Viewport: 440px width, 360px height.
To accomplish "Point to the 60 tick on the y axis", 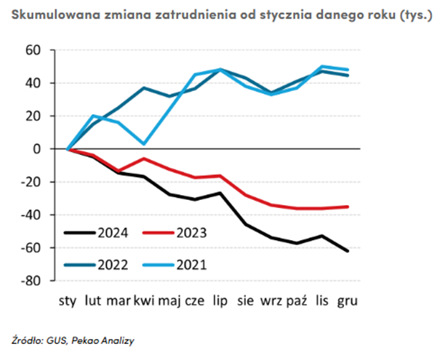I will [37, 50].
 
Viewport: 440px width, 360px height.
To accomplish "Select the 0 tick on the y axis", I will [42, 149].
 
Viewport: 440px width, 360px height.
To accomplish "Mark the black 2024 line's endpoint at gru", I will [348, 251].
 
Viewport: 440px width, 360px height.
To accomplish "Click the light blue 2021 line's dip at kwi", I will [145, 144].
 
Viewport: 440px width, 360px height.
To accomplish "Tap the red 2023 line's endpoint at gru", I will [348, 207].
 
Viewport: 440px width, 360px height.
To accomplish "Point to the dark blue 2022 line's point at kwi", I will [145, 88].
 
